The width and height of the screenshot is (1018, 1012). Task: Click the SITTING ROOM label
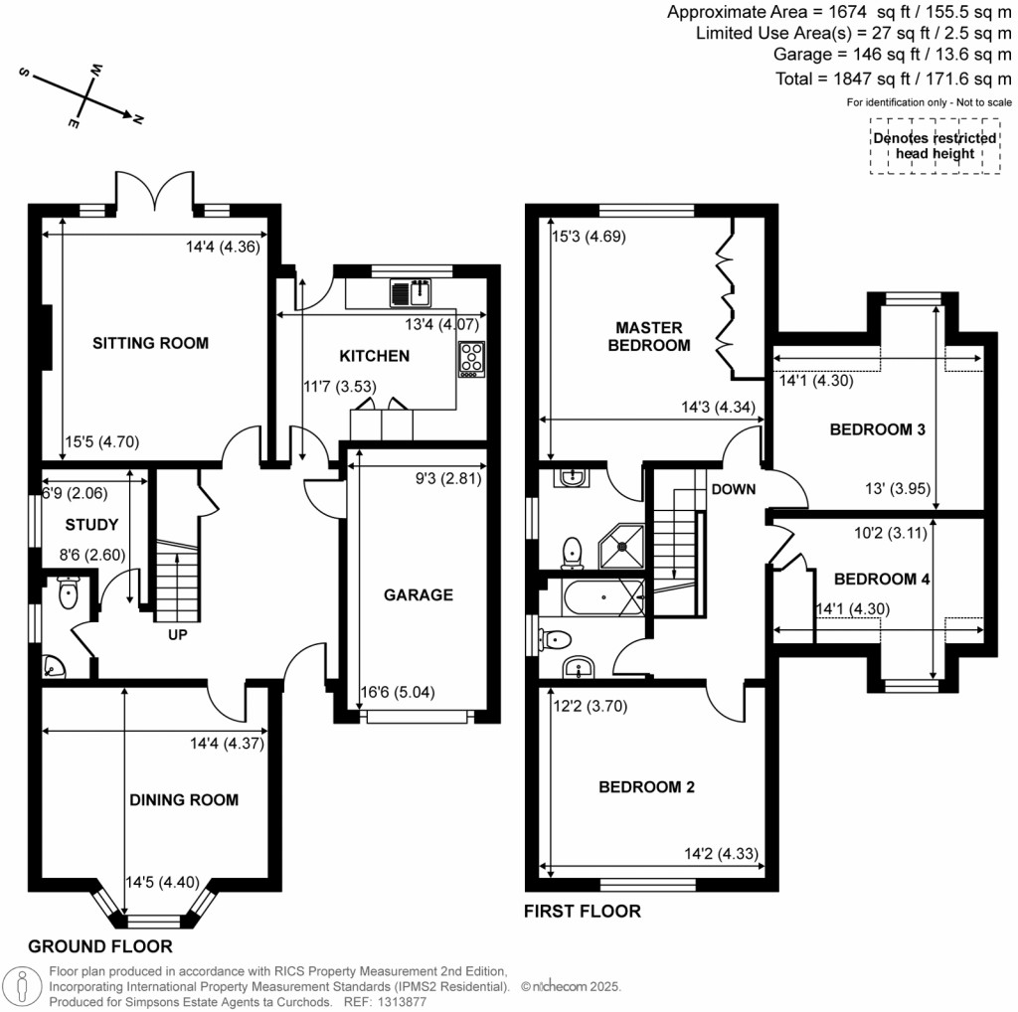point(150,344)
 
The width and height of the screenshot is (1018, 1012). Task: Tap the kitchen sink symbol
point(410,293)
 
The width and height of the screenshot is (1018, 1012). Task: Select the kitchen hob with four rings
point(470,359)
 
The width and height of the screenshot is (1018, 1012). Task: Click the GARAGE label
point(419,595)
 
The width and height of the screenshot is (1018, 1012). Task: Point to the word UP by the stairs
point(178,633)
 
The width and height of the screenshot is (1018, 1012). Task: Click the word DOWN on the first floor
point(734,489)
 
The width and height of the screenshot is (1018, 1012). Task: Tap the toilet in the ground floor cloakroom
point(69,592)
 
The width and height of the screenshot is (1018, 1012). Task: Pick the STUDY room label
point(91,525)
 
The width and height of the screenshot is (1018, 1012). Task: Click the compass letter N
point(138,119)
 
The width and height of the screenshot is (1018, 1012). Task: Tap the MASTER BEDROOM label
point(648,336)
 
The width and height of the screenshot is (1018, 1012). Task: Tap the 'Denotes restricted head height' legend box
point(933,146)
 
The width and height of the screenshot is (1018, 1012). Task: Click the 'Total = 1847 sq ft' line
point(892,79)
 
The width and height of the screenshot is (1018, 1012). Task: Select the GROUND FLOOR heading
point(100,946)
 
